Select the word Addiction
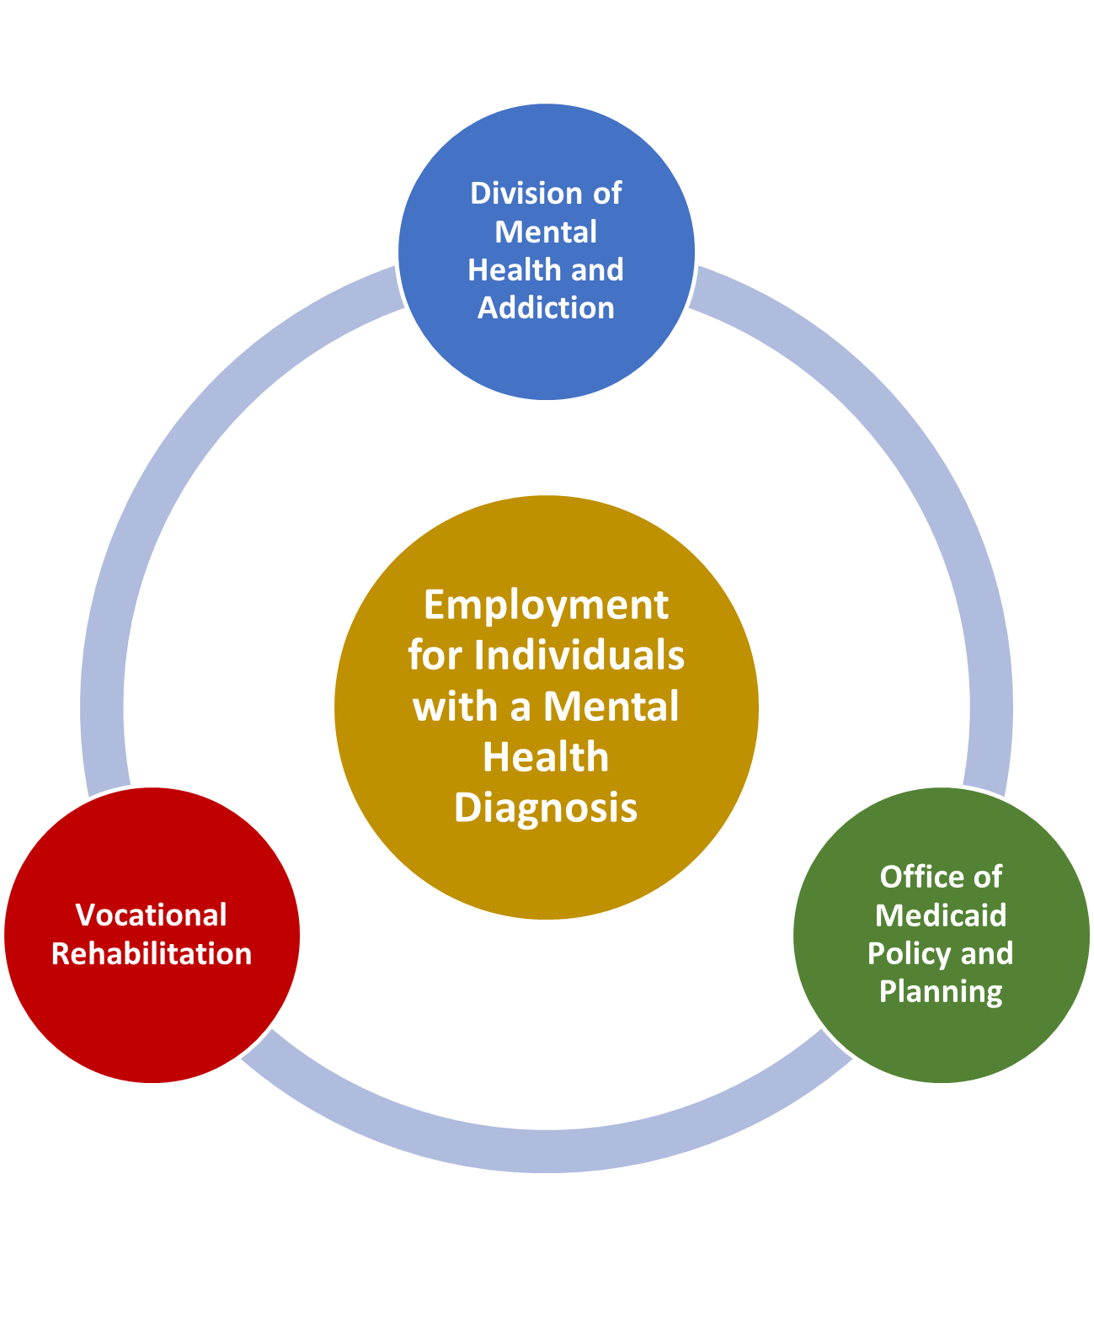tap(546, 308)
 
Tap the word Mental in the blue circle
tap(546, 232)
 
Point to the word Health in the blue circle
tap(504, 269)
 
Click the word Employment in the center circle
tap(546, 605)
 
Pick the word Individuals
tap(579, 655)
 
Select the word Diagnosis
tap(546, 807)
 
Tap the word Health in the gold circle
tap(546, 757)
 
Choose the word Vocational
tap(152, 915)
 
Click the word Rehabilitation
tap(152, 953)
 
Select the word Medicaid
tap(941, 915)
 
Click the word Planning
tap(941, 991)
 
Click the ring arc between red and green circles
tap(547, 1150)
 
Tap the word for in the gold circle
tap(435, 655)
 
